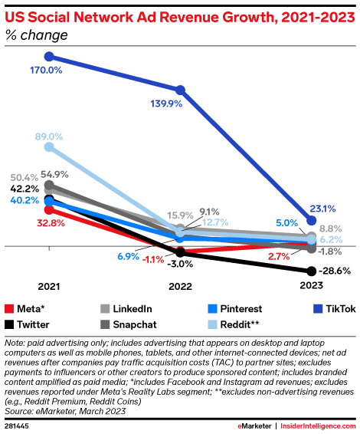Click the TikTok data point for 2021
point(49,56)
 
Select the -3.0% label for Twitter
point(180,265)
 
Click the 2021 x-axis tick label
point(49,286)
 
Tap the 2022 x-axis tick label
point(180,286)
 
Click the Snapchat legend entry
point(128,324)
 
